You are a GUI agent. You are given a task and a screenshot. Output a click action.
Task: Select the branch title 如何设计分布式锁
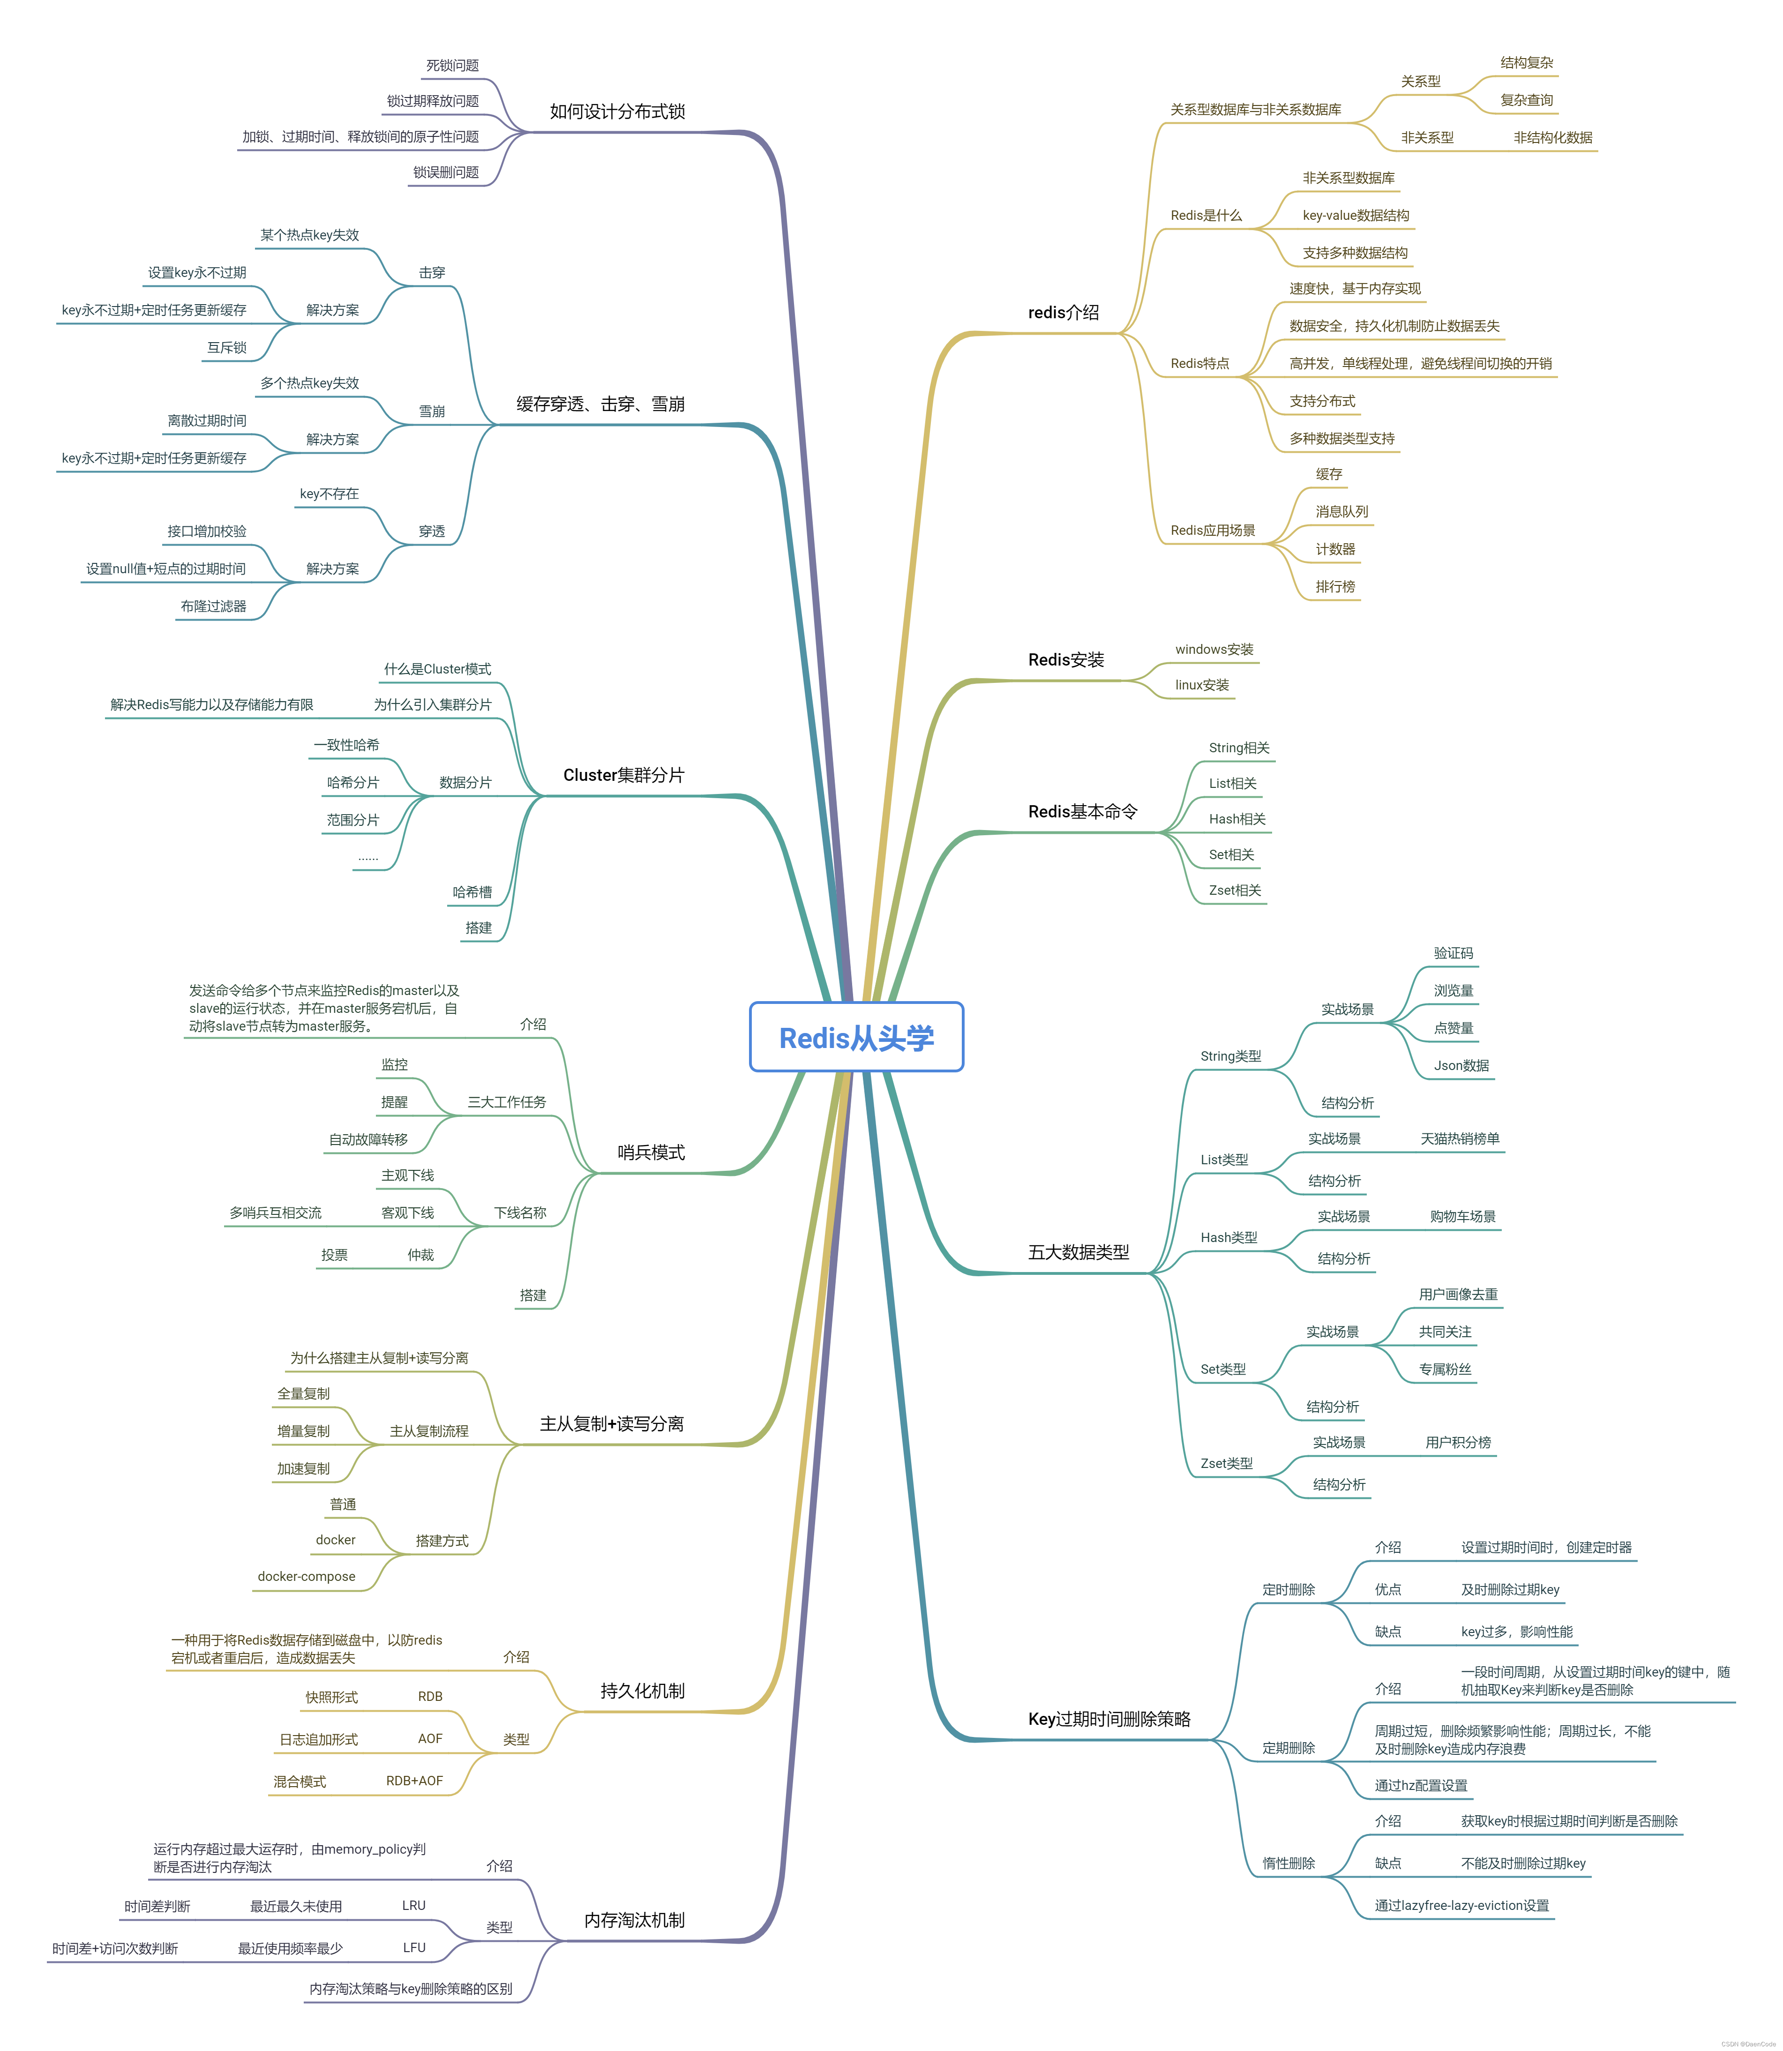point(617,112)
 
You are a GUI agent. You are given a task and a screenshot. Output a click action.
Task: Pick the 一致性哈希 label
point(346,745)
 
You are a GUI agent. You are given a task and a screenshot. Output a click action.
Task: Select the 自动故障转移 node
point(368,1139)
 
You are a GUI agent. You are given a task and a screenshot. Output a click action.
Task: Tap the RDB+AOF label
point(414,1781)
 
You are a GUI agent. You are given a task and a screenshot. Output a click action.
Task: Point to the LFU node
point(414,1947)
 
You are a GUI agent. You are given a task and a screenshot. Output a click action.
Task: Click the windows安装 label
point(1214,650)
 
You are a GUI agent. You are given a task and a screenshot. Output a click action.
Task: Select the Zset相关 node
point(1235,890)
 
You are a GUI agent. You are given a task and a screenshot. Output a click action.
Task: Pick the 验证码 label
point(1453,953)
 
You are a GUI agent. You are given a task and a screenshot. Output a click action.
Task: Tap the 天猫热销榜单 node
point(1460,1139)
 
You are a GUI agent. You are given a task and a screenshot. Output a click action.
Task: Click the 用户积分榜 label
point(1458,1442)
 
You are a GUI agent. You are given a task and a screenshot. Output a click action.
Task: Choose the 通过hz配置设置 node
point(1421,1785)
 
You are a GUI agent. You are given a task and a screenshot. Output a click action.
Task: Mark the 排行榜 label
point(1335,587)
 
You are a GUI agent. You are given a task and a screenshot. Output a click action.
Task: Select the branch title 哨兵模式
point(651,1153)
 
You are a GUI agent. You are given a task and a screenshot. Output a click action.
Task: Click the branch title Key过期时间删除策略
point(1109,1719)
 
